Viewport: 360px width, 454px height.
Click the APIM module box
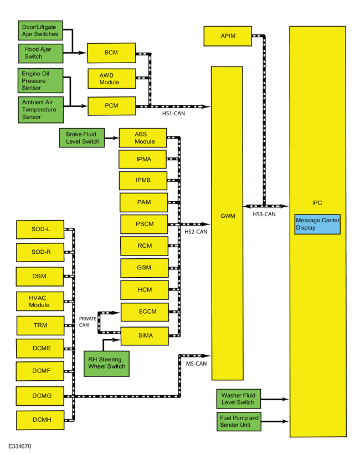(x=228, y=36)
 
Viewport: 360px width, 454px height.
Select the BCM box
(x=111, y=53)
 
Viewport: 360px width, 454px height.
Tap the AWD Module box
(x=112, y=79)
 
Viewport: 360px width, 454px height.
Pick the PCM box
(x=112, y=106)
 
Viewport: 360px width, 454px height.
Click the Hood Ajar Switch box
(x=40, y=53)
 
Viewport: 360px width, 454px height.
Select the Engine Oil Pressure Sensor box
(x=40, y=80)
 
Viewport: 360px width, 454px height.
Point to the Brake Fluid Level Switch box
(x=82, y=138)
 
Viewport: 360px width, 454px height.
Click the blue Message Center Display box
(x=317, y=224)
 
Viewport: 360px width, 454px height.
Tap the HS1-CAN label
(x=173, y=114)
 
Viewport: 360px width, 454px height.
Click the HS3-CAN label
(x=264, y=215)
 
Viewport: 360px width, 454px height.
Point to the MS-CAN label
(x=196, y=364)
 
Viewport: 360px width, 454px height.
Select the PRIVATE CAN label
(x=88, y=322)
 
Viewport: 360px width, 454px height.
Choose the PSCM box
(x=144, y=224)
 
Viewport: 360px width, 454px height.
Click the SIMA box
(x=145, y=336)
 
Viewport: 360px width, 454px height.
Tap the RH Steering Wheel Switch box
(x=106, y=364)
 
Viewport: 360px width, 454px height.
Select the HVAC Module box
(x=40, y=301)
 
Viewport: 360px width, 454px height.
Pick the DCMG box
(x=40, y=396)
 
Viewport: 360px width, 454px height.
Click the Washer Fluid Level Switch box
(x=239, y=399)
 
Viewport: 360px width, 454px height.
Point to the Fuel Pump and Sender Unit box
(x=239, y=421)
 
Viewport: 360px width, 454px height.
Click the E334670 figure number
(x=20, y=446)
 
